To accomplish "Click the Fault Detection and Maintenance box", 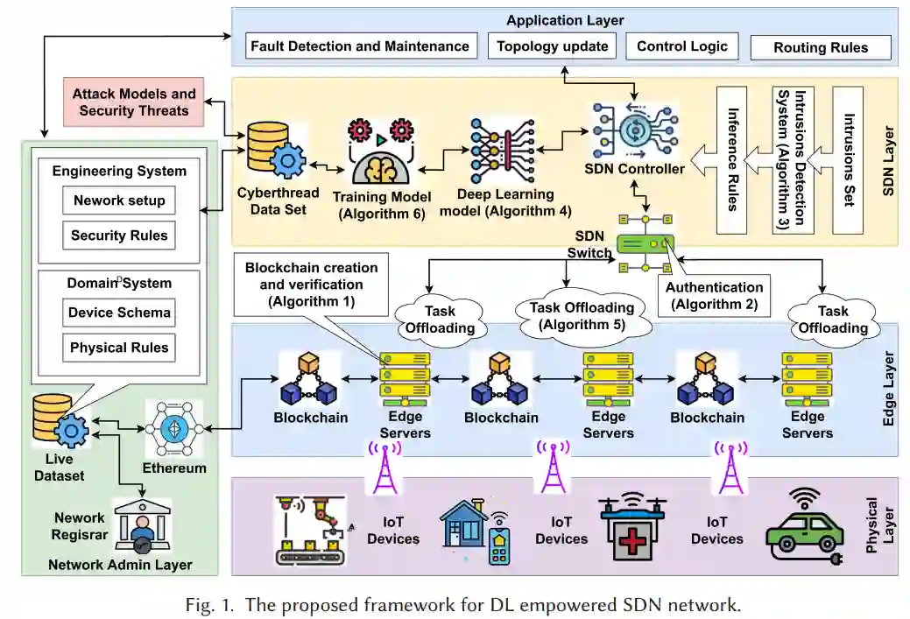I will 361,46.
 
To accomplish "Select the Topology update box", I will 552,46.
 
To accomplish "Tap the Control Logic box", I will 681,46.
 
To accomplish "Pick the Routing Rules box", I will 821,48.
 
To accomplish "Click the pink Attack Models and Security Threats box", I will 133,102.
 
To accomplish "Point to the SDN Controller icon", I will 635,128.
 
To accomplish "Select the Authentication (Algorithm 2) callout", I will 714,295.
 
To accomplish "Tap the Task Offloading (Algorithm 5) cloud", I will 582,316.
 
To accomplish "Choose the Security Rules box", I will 119,236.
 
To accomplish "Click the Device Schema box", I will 119,313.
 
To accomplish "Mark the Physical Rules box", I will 119,348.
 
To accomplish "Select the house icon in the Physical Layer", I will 464,525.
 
